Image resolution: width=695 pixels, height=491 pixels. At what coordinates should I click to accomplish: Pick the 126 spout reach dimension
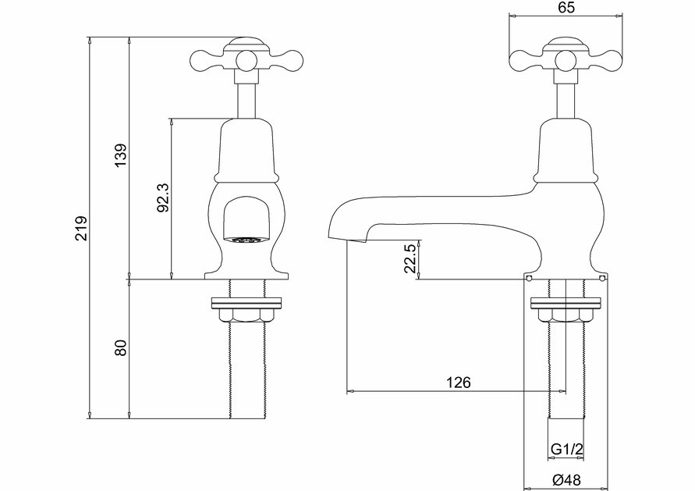pyautogui.click(x=458, y=382)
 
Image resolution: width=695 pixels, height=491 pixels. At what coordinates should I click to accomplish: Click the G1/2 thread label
pyautogui.click(x=566, y=450)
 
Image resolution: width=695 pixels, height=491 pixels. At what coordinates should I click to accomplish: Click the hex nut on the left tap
pyautogui.click(x=244, y=315)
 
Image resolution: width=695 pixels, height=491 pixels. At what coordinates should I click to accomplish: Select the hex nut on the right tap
pyautogui.click(x=566, y=315)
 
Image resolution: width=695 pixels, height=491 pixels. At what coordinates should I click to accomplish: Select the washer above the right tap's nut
pyautogui.click(x=566, y=302)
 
